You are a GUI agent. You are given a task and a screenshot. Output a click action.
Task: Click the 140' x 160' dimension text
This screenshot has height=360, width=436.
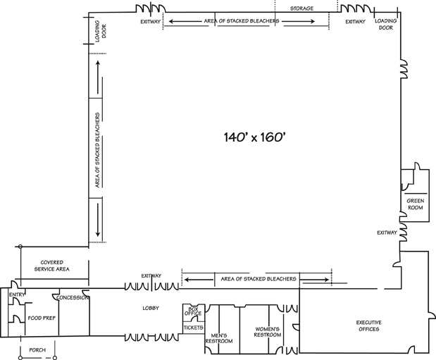tap(255, 137)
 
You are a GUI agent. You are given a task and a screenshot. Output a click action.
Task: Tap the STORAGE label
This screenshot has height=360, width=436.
tap(301, 8)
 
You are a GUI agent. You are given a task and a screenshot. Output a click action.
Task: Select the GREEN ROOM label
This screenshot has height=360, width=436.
tap(416, 204)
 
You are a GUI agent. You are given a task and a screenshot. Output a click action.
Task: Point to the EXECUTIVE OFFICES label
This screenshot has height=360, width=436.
tap(368, 325)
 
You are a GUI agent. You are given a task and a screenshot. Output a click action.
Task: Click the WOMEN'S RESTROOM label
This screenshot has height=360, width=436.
tap(268, 332)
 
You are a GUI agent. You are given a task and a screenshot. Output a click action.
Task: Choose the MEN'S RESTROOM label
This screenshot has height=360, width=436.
tap(219, 338)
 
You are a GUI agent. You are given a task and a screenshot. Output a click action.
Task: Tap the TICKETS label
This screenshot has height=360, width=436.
tap(194, 328)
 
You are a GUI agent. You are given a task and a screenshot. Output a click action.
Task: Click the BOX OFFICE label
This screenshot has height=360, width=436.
tap(193, 311)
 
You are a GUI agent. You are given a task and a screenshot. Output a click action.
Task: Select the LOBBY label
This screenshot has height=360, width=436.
tap(151, 308)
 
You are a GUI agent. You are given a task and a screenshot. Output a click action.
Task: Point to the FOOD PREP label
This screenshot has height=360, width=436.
tap(42, 318)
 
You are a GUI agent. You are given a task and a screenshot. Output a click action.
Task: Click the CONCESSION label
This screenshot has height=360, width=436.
tap(72, 298)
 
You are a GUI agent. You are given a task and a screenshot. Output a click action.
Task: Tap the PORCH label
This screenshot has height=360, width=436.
tap(37, 350)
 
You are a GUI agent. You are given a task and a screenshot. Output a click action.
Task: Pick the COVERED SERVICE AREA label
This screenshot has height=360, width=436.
tap(51, 266)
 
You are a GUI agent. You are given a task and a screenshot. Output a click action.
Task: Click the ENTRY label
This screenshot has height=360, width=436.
tap(17, 294)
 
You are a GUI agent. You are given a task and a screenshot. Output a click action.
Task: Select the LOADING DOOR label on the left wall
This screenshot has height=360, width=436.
tap(101, 31)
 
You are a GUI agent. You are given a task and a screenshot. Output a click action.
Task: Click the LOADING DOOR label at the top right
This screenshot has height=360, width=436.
tap(386, 24)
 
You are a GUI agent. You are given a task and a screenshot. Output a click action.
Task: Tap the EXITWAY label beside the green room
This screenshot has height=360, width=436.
tap(387, 232)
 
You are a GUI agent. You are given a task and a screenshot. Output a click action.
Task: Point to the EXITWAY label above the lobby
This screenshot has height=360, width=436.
tap(151, 275)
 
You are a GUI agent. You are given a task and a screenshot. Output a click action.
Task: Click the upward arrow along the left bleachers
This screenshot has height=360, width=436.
tap(98, 77)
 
